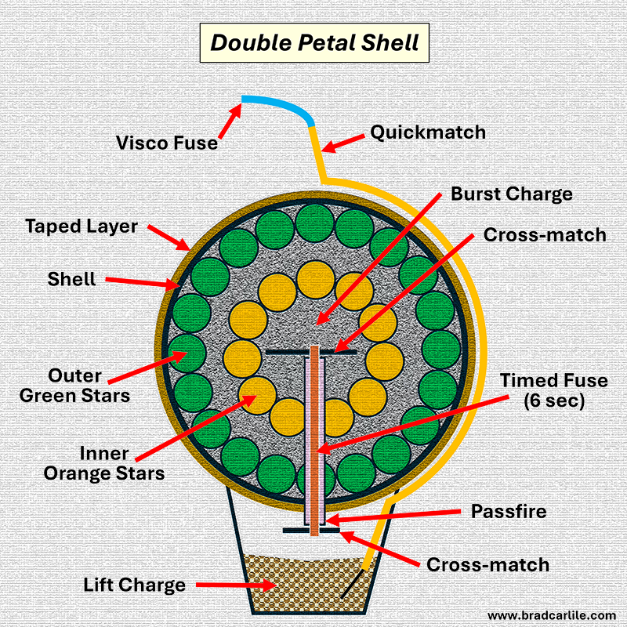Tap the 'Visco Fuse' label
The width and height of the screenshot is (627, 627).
(x=167, y=143)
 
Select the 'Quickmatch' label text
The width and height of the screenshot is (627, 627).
(x=428, y=132)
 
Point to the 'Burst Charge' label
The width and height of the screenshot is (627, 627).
(x=511, y=193)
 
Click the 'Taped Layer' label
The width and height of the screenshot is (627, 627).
(x=82, y=227)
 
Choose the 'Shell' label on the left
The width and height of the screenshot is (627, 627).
(x=72, y=278)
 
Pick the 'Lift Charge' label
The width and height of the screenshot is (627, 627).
(x=135, y=585)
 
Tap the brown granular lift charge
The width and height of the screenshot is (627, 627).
(x=306, y=584)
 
